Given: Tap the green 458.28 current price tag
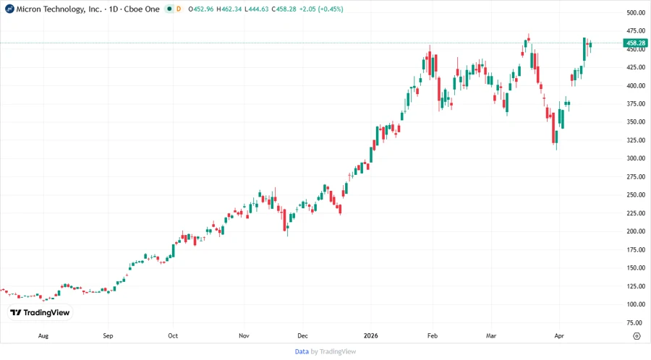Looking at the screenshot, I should pyautogui.click(x=637, y=43).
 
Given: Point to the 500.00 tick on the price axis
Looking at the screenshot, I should pyautogui.click(x=636, y=13).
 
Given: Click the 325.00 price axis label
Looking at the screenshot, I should pyautogui.click(x=636, y=140).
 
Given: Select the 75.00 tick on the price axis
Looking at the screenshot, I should pyautogui.click(x=636, y=322).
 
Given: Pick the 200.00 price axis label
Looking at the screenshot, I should pyautogui.click(x=636, y=231).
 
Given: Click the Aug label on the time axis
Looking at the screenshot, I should pyautogui.click(x=43, y=336).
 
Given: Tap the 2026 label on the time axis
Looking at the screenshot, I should pyautogui.click(x=370, y=336).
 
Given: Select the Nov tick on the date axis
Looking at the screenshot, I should pyautogui.click(x=244, y=336).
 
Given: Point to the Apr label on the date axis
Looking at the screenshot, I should pyautogui.click(x=558, y=336).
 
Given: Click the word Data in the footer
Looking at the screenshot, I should pyautogui.click(x=302, y=351).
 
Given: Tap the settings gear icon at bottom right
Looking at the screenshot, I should pyautogui.click(x=636, y=336).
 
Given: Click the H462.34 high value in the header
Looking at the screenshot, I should pyautogui.click(x=231, y=9).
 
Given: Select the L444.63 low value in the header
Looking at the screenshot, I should pyautogui.click(x=259, y=9).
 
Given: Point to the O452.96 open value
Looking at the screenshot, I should pyautogui.click(x=202, y=9).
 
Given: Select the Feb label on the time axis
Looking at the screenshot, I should pyautogui.click(x=433, y=336).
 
